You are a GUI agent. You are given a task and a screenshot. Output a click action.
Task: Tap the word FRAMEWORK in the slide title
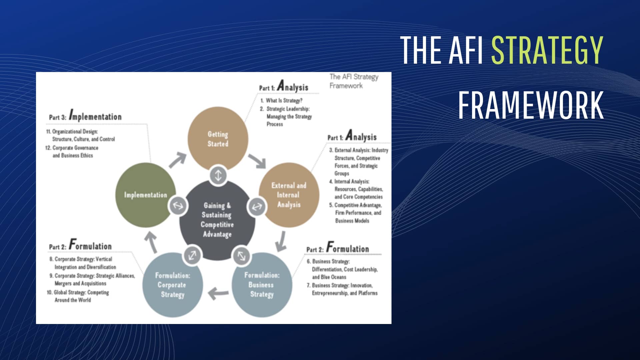[531, 105]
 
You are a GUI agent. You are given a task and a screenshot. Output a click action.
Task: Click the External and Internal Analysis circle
[289, 195]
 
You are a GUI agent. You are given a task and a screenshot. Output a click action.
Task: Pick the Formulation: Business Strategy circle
[262, 285]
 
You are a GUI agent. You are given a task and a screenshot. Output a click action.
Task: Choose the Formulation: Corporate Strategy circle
[172, 285]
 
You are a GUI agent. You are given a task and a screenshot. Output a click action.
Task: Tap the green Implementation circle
[145, 195]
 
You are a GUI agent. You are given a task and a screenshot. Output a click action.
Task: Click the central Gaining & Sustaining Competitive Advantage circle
[217, 220]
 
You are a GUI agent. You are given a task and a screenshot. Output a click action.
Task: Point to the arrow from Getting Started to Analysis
[257, 161]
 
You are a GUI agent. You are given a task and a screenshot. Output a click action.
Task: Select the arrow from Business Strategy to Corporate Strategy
[218, 294]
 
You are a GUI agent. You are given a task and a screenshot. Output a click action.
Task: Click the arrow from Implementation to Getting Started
[177, 160]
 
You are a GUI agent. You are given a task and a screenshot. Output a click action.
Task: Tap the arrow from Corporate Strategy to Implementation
[152, 242]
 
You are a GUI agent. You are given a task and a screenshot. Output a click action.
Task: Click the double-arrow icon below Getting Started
[218, 175]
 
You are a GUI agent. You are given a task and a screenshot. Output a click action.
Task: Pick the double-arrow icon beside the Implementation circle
[177, 205]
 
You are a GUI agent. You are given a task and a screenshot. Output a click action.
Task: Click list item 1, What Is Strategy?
[282, 100]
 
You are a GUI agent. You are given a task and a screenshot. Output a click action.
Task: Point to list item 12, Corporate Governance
[72, 151]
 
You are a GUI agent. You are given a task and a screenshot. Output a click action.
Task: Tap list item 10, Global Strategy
[78, 296]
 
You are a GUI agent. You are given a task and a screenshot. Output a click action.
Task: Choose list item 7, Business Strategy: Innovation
[342, 289]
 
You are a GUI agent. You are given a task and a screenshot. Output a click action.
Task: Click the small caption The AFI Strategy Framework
[354, 81]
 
